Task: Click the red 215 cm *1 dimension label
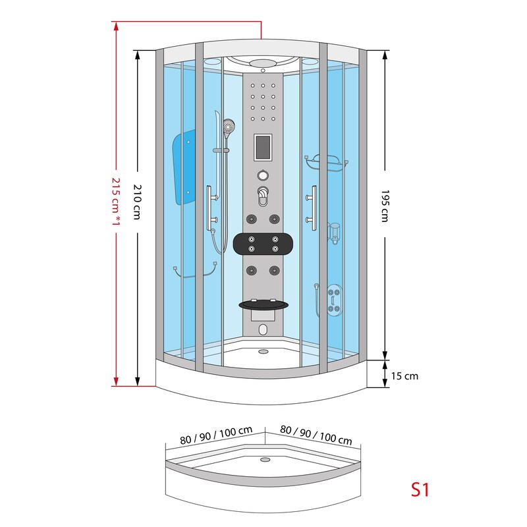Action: click(116, 201)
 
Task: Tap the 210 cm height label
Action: click(138, 202)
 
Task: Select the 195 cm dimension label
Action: click(385, 206)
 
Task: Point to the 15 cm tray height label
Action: click(404, 375)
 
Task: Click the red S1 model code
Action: click(420, 489)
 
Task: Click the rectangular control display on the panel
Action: click(263, 147)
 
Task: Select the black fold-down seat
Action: click(263, 304)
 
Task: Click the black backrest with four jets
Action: click(263, 244)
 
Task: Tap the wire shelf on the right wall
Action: click(326, 163)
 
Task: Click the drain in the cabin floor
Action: click(263, 352)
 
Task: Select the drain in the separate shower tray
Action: click(265, 459)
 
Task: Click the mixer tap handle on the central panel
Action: click(263, 196)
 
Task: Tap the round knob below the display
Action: click(263, 175)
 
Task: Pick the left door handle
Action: click(211, 208)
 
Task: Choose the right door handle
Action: click(312, 208)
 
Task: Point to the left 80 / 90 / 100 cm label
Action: click(216, 435)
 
